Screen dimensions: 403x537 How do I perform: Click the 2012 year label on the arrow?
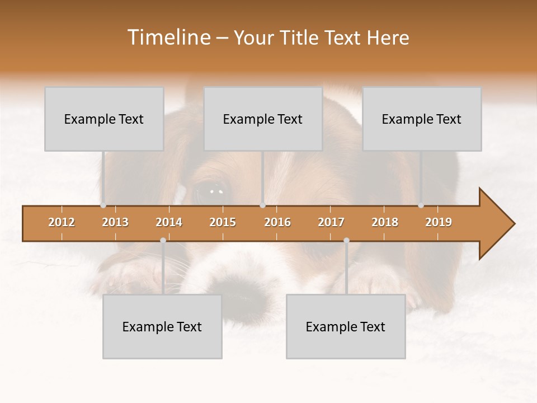point(62,222)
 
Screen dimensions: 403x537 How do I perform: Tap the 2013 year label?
point(115,222)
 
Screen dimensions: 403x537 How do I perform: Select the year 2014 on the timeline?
point(169,222)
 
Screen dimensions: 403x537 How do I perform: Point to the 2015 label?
point(223,222)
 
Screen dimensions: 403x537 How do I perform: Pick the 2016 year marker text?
point(277,222)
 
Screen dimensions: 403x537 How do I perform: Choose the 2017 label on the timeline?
point(331,222)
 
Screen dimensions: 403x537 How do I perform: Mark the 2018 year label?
point(385,222)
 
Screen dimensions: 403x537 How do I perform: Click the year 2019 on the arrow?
point(439,222)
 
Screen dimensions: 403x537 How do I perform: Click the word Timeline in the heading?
point(168,38)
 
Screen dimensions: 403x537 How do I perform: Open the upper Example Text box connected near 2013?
point(104,119)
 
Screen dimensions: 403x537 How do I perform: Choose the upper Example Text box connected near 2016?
point(263,119)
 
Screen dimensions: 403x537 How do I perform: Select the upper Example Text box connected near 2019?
point(422,119)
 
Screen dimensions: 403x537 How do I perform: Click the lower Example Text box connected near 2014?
point(162,326)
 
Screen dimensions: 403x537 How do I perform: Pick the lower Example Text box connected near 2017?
point(346,326)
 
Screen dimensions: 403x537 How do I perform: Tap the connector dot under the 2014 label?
point(163,240)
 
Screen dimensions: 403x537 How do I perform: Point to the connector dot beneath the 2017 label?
point(346,240)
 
